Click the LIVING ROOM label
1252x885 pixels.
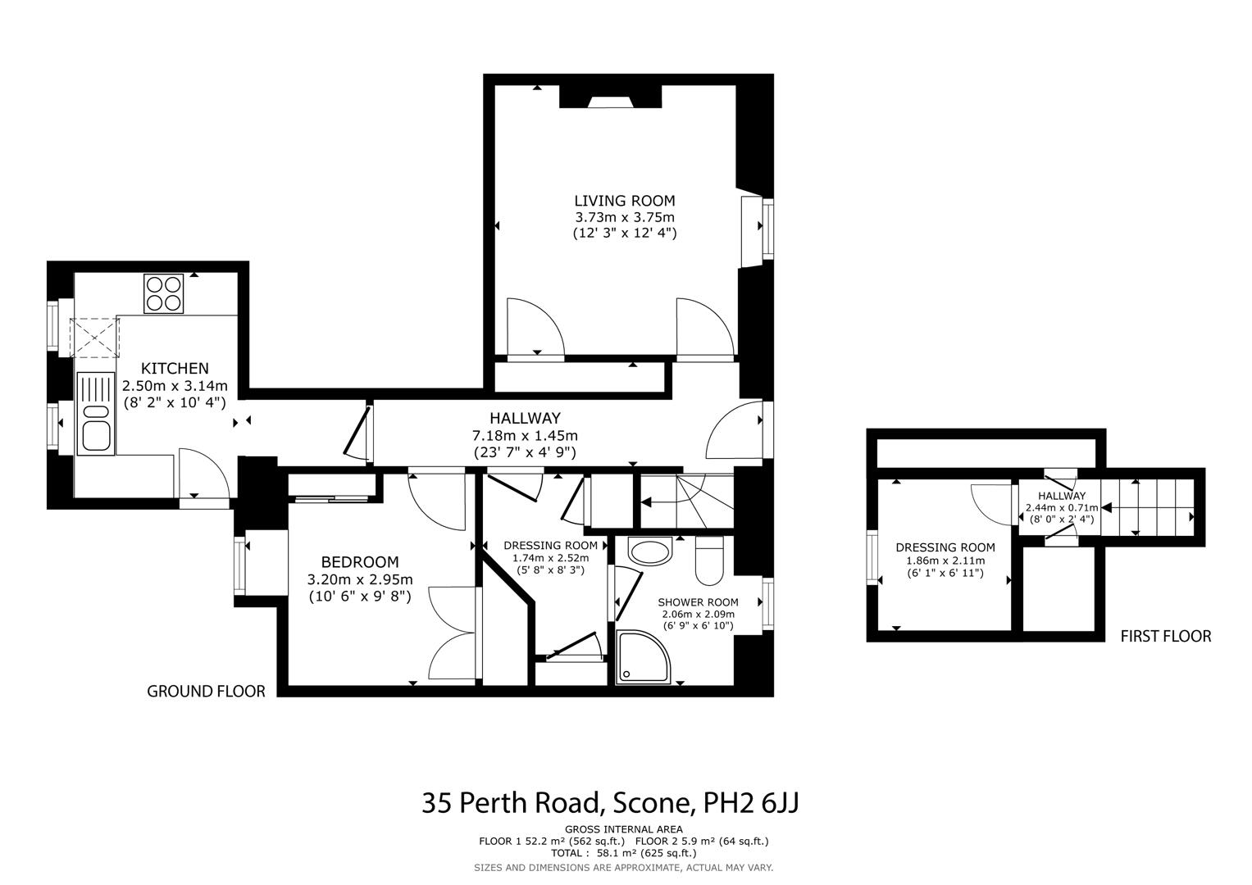624,201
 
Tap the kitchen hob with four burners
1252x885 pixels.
163,293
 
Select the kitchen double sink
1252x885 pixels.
96,413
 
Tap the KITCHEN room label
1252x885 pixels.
175,369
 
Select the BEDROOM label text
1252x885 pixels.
359,562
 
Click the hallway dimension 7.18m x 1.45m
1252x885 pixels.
525,435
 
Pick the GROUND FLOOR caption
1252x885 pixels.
206,692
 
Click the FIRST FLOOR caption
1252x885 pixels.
1165,636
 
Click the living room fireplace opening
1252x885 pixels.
610,102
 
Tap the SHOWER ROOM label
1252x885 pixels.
698,602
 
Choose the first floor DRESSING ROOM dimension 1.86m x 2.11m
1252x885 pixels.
945,561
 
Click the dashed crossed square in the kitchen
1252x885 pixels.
94,338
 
